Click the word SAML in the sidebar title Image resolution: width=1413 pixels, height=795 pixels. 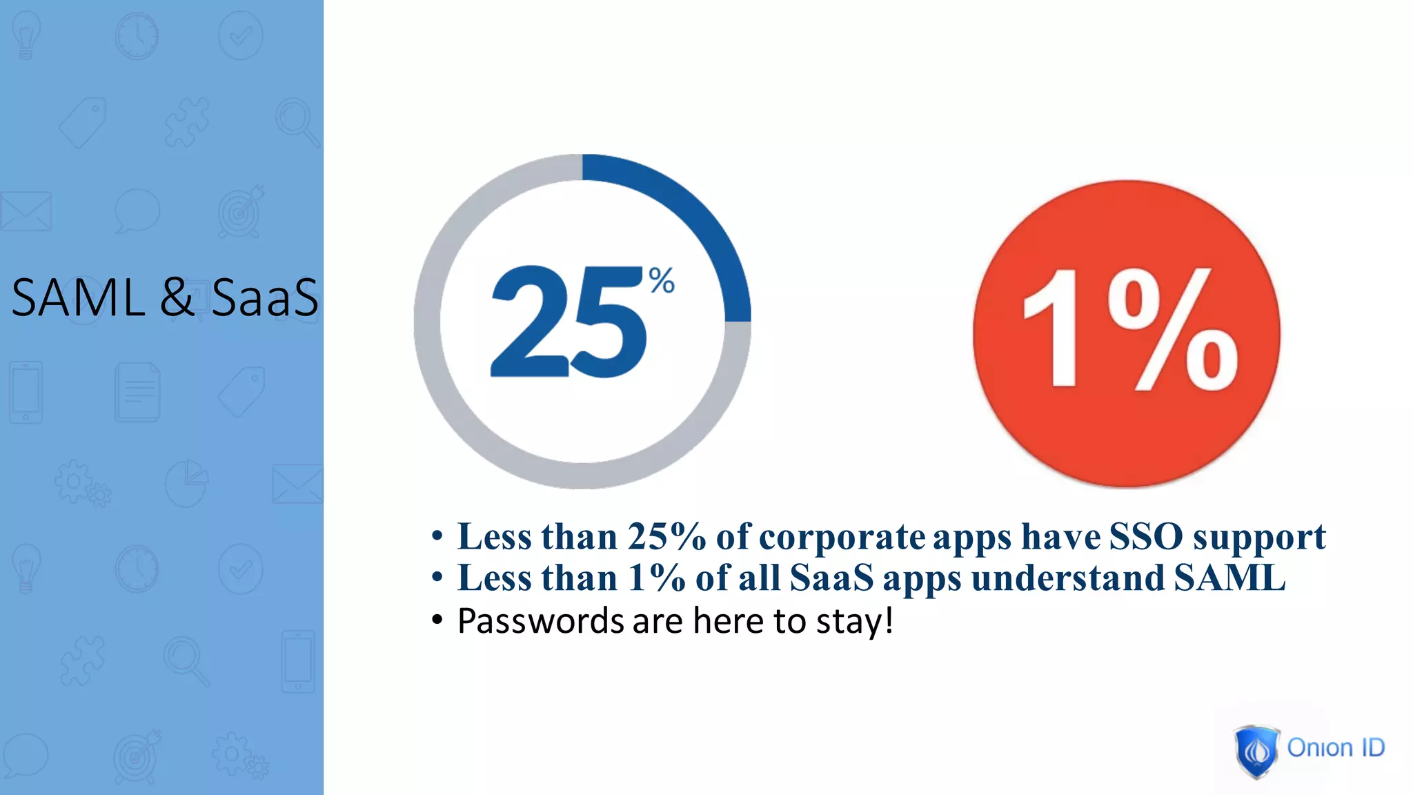click(x=78, y=298)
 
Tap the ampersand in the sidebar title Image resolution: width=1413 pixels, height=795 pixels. click(x=177, y=298)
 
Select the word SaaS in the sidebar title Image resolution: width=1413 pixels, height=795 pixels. click(x=265, y=298)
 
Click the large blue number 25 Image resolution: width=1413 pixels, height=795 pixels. click(x=568, y=322)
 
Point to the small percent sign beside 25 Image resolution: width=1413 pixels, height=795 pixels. click(x=662, y=281)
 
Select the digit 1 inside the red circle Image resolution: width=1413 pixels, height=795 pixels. click(x=1053, y=328)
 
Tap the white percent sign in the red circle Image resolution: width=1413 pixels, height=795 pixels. click(x=1173, y=330)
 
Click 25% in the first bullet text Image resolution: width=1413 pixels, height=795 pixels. click(x=666, y=536)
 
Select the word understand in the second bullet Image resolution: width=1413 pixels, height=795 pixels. click(x=1068, y=578)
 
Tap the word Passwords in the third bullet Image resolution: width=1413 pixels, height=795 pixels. click(x=541, y=620)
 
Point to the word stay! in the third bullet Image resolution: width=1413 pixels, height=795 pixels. click(x=855, y=621)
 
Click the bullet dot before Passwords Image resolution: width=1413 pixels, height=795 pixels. click(x=437, y=620)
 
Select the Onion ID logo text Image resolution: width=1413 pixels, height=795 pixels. click(x=1336, y=747)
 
